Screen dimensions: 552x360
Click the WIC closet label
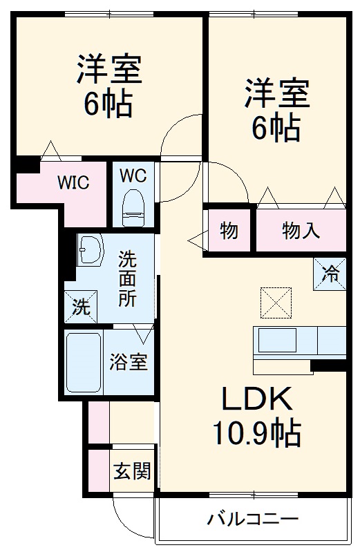(x=73, y=183)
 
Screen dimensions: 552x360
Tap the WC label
(x=133, y=175)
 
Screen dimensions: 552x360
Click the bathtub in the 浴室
(x=84, y=362)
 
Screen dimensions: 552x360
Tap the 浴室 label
(x=129, y=362)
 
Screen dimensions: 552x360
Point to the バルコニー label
(x=253, y=519)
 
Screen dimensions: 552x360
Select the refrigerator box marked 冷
(x=331, y=273)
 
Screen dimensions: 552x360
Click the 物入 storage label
(x=301, y=231)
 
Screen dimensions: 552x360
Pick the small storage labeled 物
(x=229, y=231)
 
